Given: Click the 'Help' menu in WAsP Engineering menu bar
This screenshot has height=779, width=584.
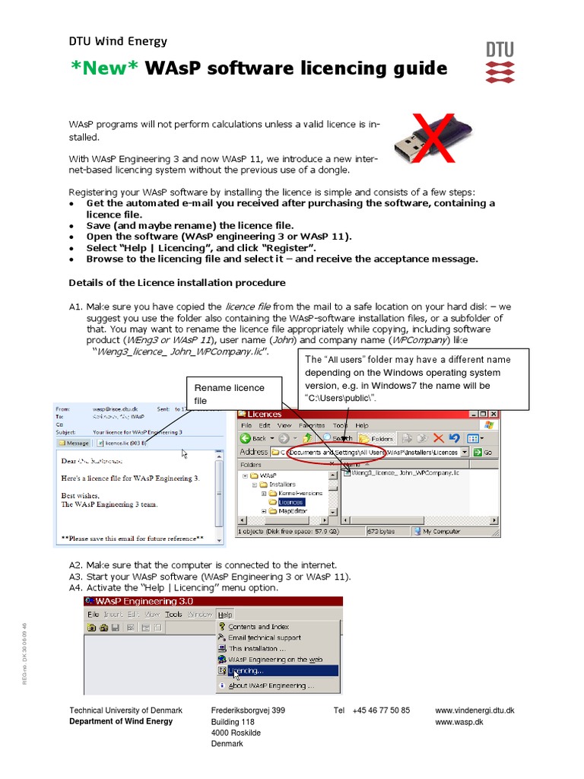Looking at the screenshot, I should (225, 614).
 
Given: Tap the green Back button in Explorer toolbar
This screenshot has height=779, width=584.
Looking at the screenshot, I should (254, 438).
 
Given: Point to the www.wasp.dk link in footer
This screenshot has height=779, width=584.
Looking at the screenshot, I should (459, 722).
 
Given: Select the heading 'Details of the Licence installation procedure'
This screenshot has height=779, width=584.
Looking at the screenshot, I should (177, 283).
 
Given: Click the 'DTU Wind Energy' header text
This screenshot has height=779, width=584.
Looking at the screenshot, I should (118, 42).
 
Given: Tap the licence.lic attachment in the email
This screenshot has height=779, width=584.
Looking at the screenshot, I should (121, 442).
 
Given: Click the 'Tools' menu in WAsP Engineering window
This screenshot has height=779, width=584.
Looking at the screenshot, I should (173, 614).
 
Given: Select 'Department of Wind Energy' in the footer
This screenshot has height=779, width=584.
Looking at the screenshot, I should (121, 722).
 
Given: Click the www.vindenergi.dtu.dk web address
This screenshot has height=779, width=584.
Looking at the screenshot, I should (474, 711).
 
